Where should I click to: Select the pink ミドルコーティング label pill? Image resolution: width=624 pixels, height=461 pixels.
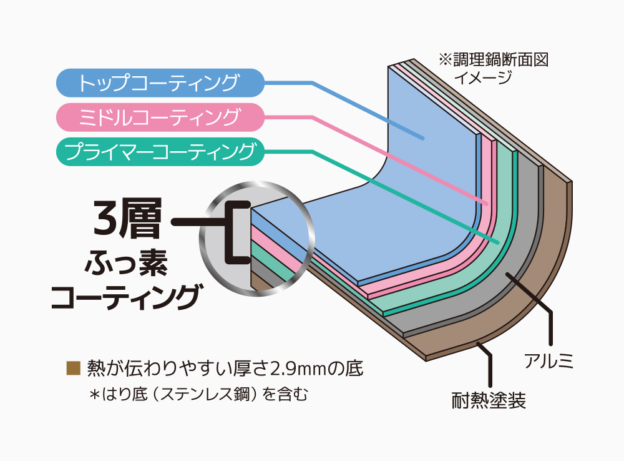point(159,117)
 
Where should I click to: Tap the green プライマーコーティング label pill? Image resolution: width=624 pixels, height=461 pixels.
point(159,151)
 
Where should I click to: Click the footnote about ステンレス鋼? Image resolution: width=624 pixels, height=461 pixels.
point(199,394)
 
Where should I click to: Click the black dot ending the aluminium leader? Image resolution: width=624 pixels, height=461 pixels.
point(507,275)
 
